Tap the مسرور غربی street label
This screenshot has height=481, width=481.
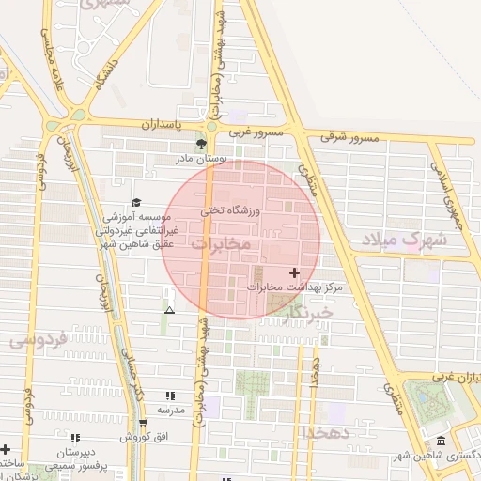256,132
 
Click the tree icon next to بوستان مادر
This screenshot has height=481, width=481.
200,144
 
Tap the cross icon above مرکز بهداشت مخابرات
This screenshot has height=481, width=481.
295,272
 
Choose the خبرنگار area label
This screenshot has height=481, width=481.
308,310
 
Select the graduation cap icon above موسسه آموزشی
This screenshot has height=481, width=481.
136,202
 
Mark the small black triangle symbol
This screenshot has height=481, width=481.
169,310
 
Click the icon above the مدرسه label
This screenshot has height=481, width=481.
170,396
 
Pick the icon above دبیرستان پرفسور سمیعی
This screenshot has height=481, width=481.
74,437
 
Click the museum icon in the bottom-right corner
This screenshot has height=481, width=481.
442,442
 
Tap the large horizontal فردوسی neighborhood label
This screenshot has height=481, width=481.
38,340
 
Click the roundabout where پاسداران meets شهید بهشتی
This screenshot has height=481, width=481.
212,126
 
